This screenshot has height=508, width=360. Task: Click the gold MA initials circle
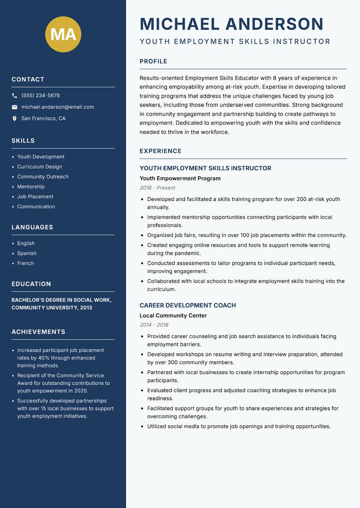(63, 35)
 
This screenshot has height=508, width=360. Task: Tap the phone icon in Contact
(14, 96)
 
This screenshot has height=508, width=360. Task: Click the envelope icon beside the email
(14, 107)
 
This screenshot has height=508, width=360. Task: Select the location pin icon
(14, 119)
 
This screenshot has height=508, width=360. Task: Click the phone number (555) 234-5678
(40, 96)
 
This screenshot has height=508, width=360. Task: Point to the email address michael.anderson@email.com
(58, 107)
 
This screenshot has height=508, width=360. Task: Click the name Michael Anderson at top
(231, 24)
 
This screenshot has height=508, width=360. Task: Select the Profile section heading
(153, 62)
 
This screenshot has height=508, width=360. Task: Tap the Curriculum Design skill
(40, 167)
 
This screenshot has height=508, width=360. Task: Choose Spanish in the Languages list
(27, 254)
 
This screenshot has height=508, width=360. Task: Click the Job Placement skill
(35, 196)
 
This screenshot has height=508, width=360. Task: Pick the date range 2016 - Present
(157, 188)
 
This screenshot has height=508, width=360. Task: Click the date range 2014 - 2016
(154, 325)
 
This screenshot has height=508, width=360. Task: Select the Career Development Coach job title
(188, 306)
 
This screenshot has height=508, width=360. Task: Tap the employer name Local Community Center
(173, 316)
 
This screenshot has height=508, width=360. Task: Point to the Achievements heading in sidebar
(38, 332)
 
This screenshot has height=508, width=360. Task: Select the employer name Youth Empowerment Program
(180, 178)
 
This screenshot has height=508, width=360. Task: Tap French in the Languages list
(26, 263)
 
